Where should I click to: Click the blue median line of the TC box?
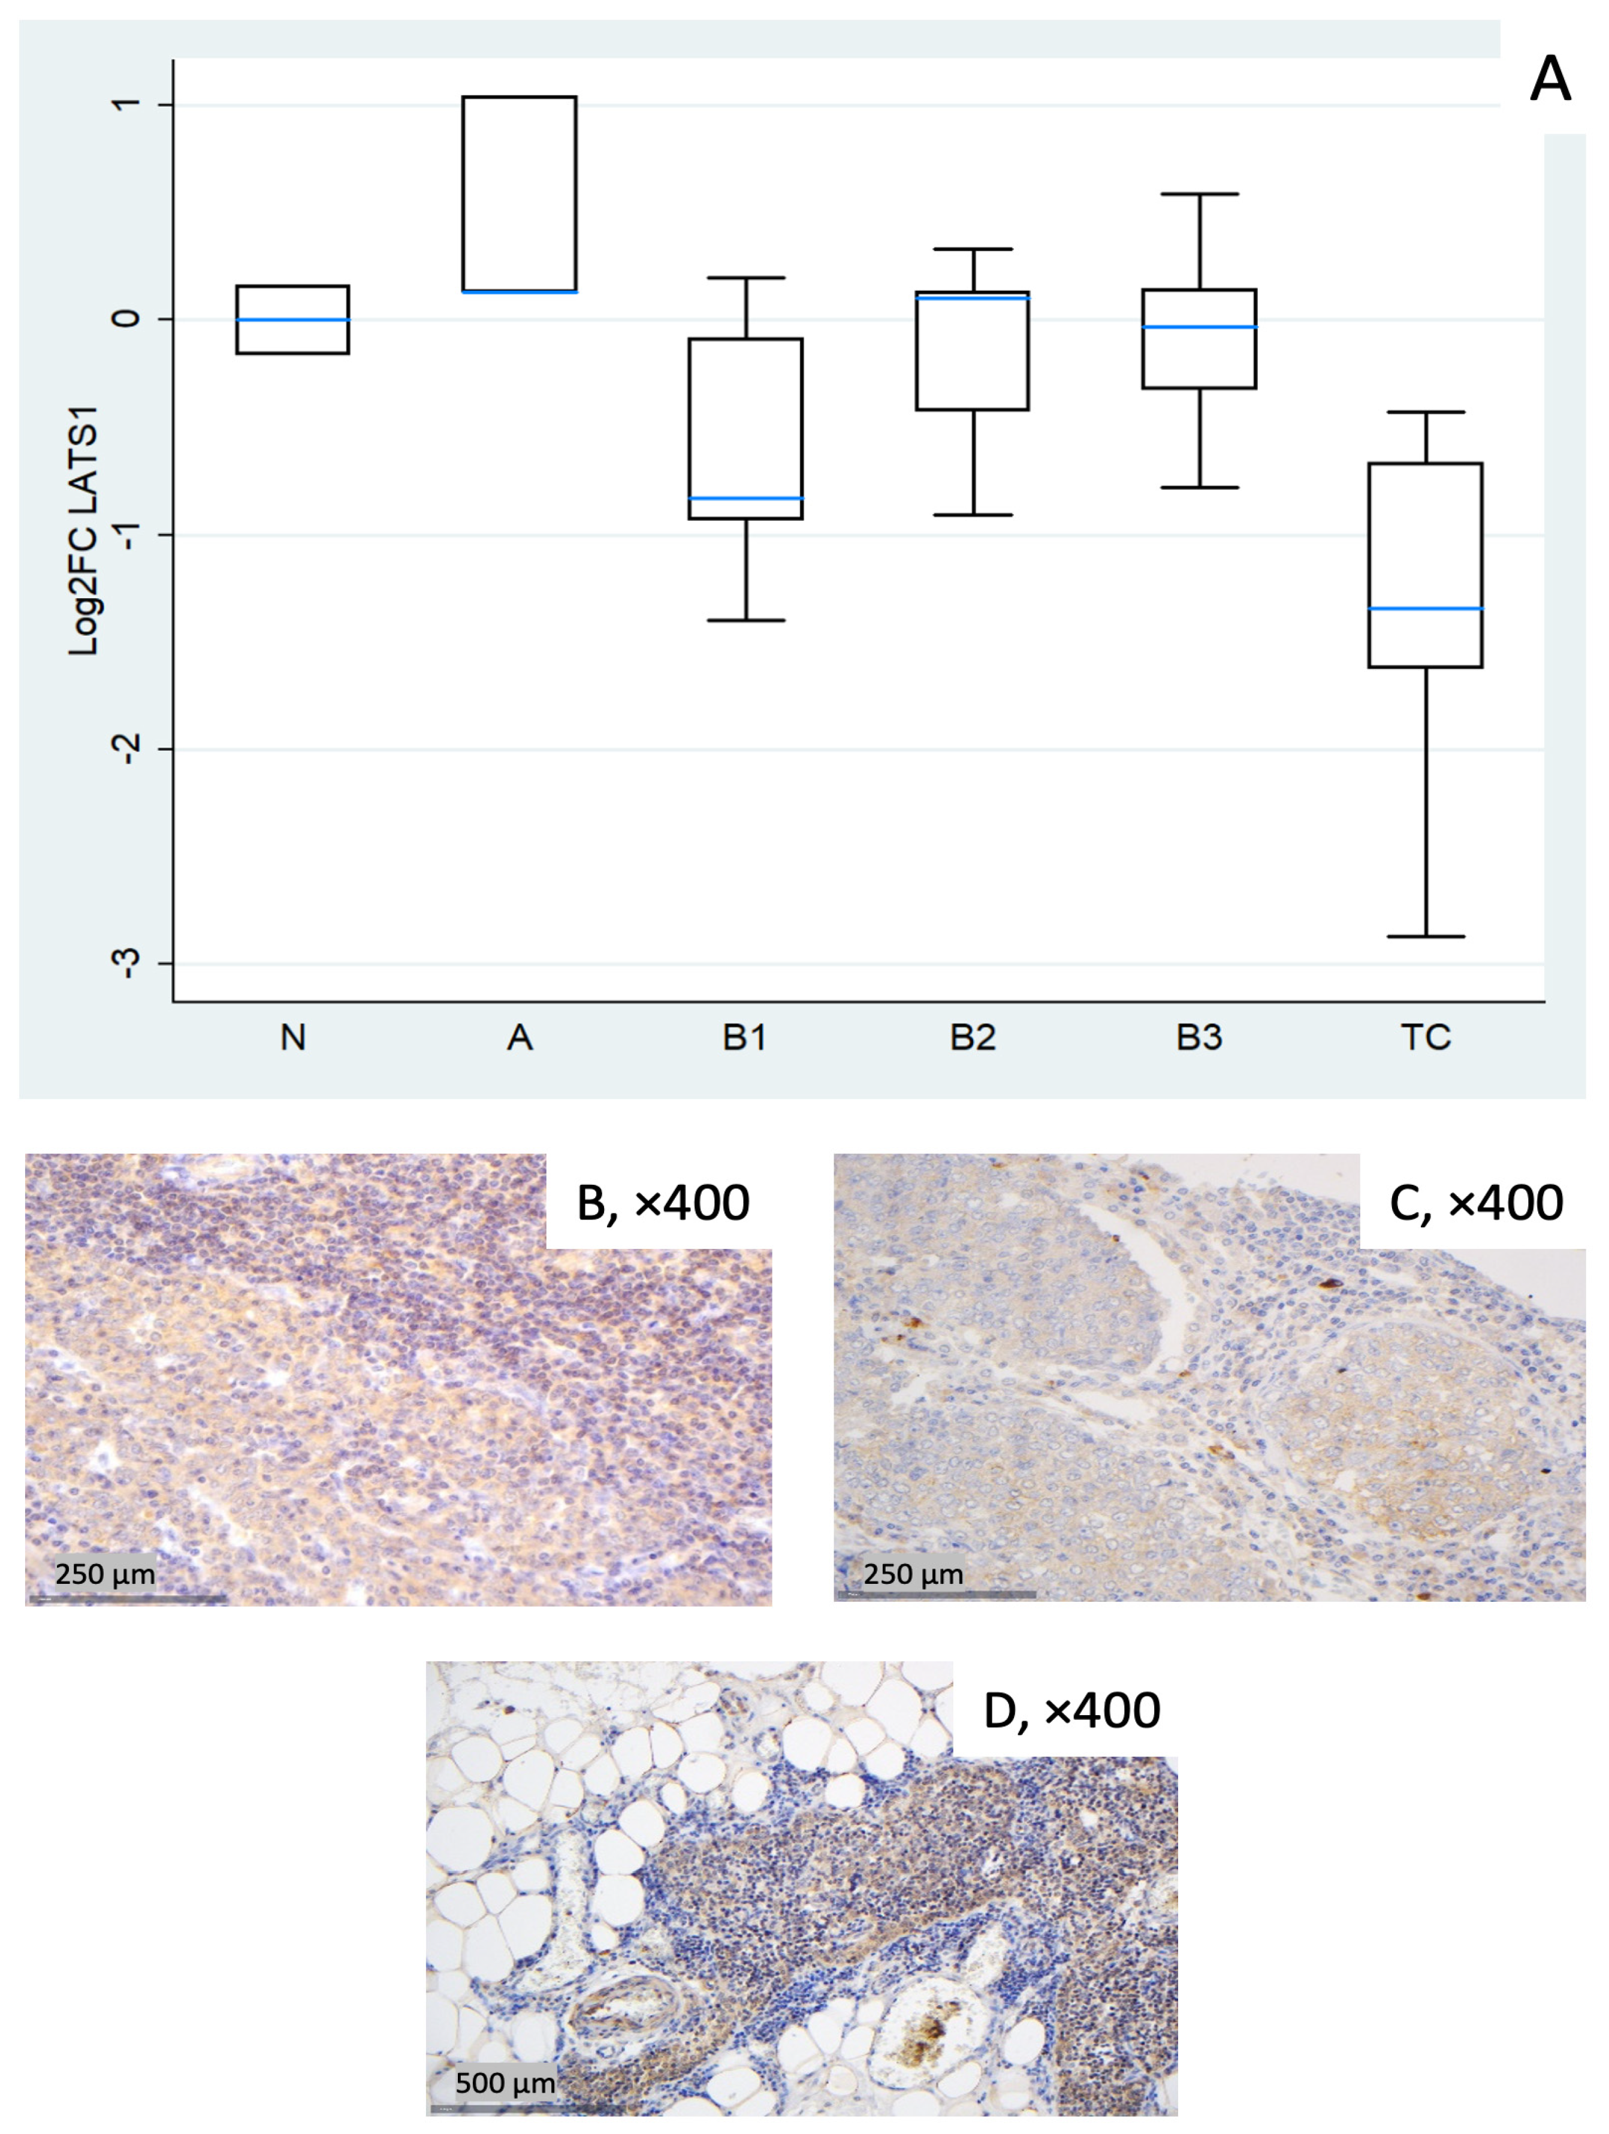pos(1425,609)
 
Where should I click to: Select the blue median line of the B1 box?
pos(745,499)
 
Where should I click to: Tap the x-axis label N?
pos(293,1038)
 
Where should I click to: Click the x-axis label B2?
pos(973,1038)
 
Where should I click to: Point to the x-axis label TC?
pos(1425,1038)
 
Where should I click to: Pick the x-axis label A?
pos(520,1038)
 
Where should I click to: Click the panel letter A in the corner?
pos(1550,79)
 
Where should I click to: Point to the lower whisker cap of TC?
pos(1425,937)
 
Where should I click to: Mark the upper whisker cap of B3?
pos(1199,194)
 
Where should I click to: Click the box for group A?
pos(520,193)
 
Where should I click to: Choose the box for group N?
pos(293,319)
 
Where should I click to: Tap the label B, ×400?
pos(663,1203)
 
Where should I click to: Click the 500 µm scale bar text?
pos(505,2083)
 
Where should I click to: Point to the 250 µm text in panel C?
pos(913,1574)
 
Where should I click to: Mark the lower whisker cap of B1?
pos(745,620)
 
